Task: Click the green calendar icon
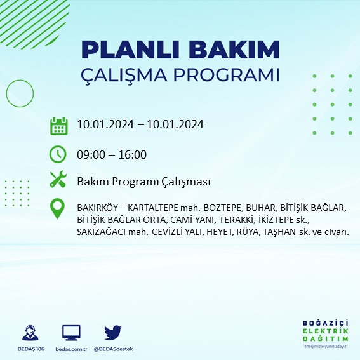click(58, 125)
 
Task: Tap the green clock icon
click(58, 154)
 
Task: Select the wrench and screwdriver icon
click(58, 181)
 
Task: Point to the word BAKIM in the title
click(240, 50)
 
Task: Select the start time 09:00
click(90, 154)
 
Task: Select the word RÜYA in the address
click(260, 232)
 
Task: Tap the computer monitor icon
click(71, 333)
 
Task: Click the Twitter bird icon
click(113, 333)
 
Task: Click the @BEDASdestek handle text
click(113, 349)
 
